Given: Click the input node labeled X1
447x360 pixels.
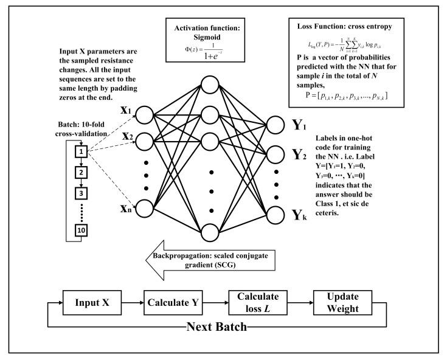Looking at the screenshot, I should (x=145, y=114).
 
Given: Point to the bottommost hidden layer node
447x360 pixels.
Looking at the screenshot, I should (x=210, y=231).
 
